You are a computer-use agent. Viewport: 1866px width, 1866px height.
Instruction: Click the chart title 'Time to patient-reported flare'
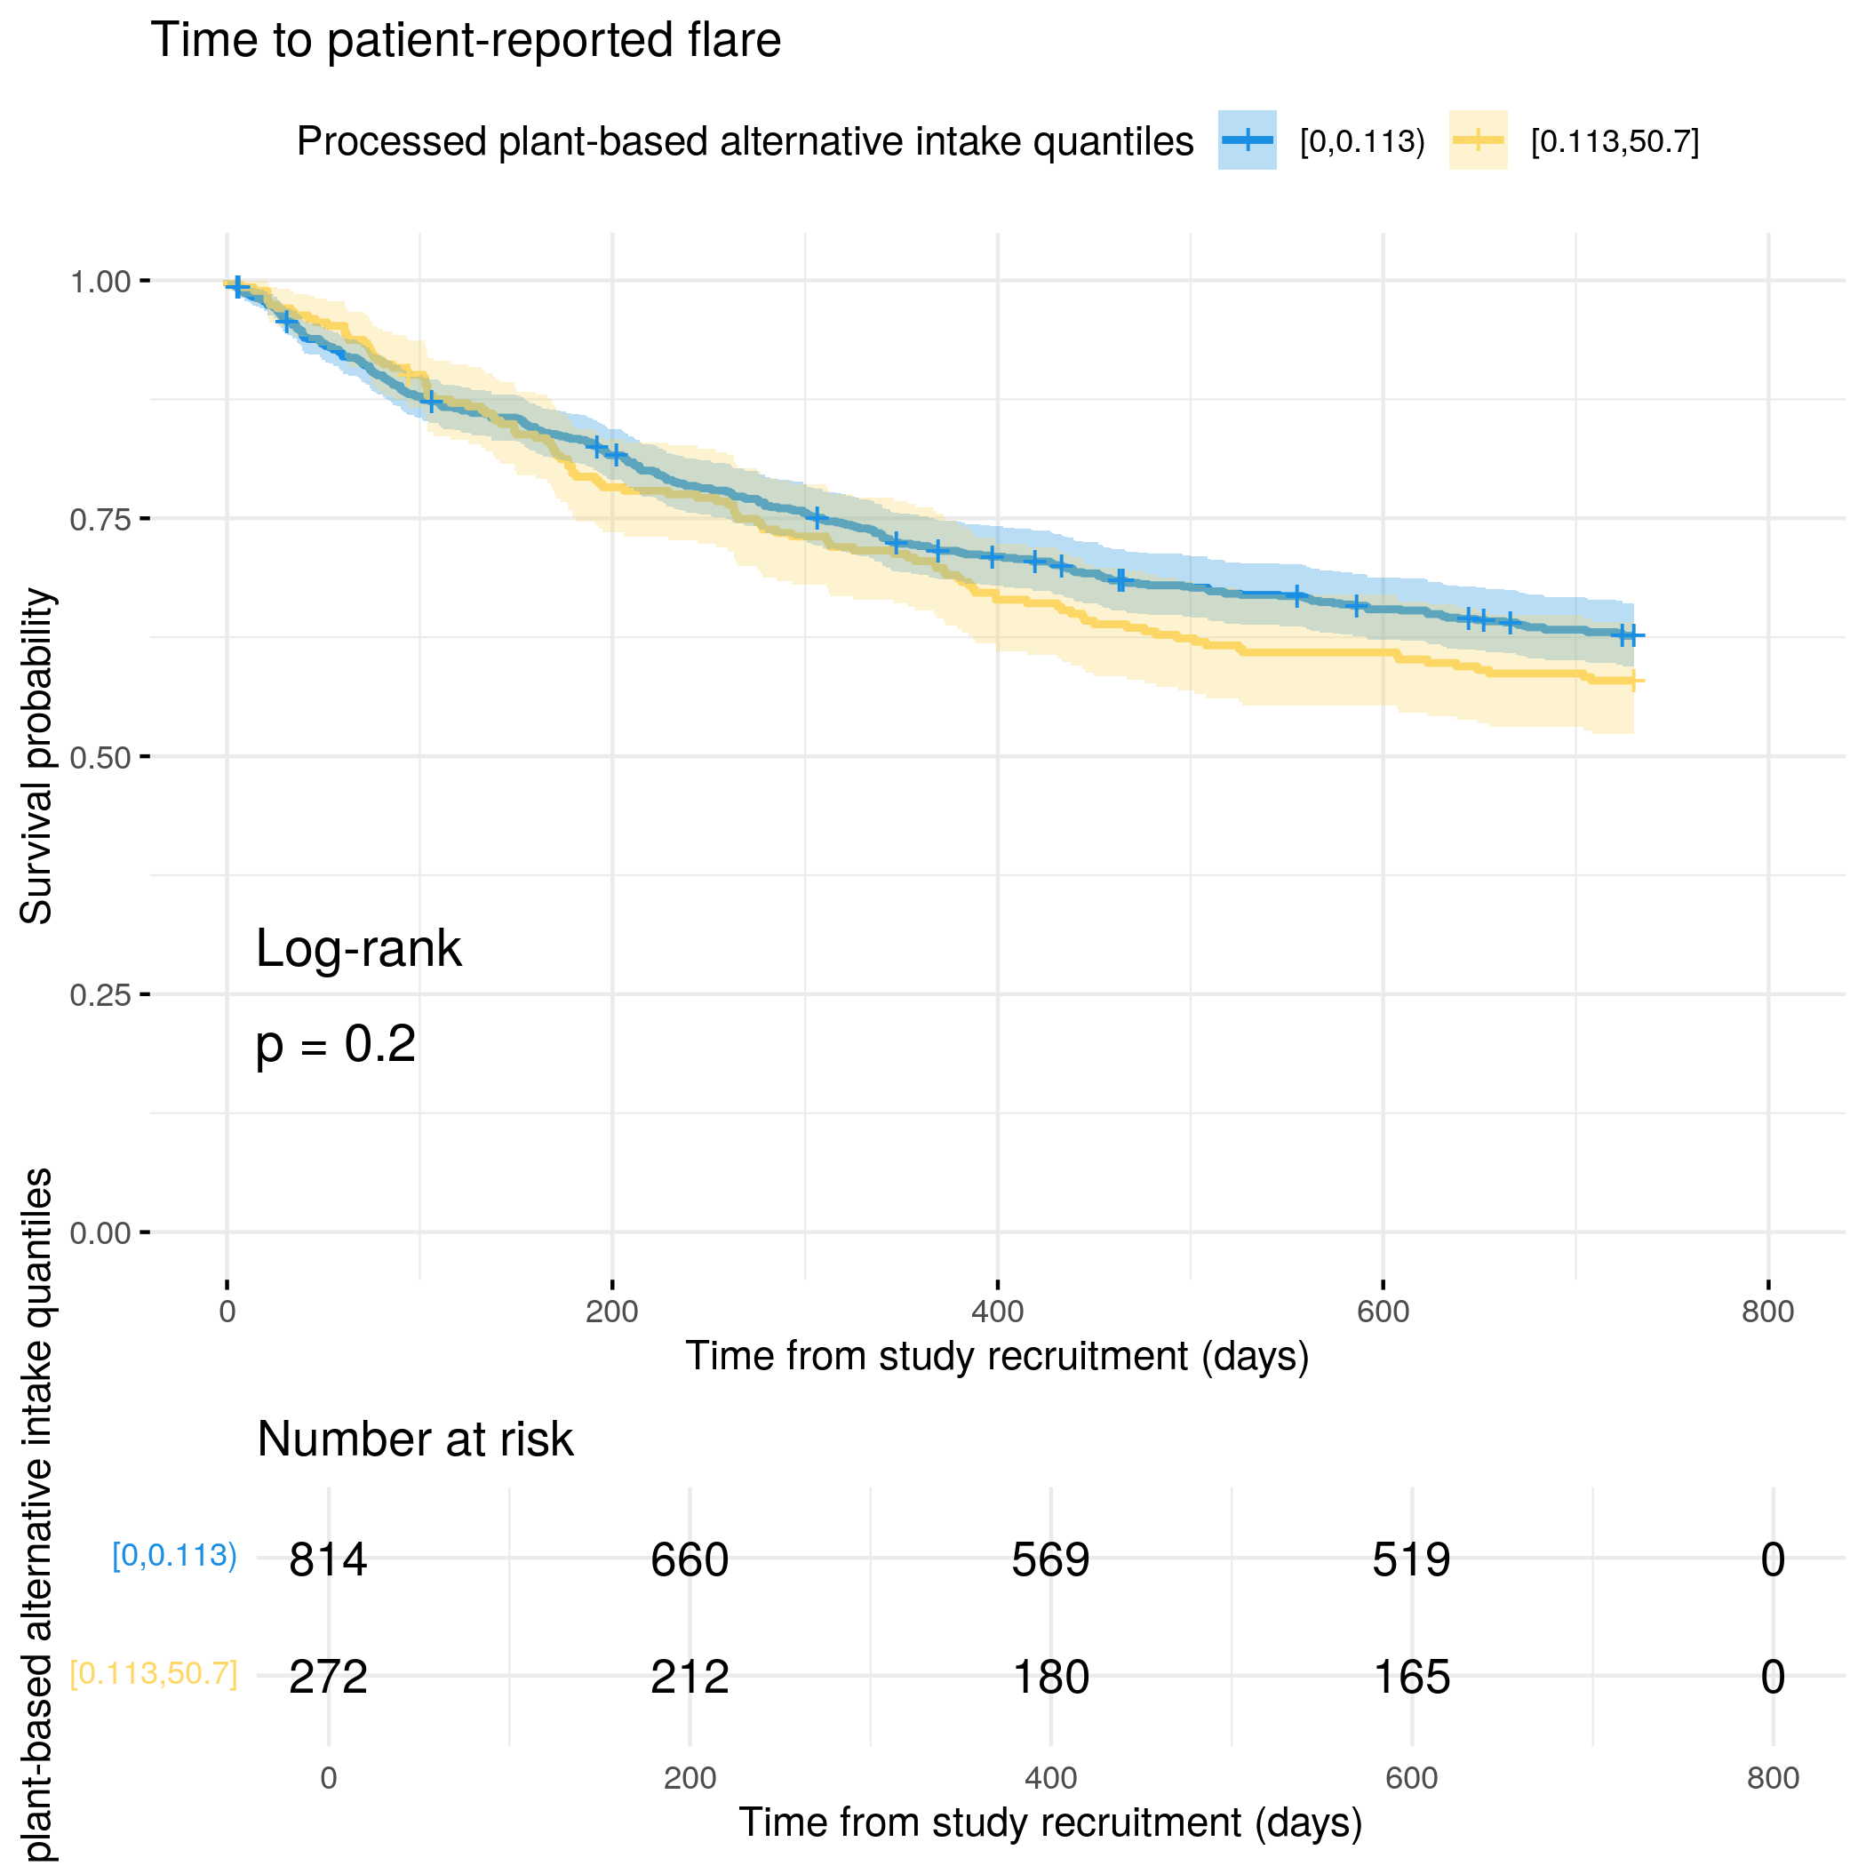[466, 41]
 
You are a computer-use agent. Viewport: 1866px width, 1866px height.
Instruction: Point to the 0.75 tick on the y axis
[145, 519]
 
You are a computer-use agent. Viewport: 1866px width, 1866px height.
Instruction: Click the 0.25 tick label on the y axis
[100, 995]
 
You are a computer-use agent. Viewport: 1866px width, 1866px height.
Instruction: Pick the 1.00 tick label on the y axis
[100, 282]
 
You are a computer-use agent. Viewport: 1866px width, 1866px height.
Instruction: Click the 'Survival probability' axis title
[36, 756]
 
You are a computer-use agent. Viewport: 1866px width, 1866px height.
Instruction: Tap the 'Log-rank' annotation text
[358, 948]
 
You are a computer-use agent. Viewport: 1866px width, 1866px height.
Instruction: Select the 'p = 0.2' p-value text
[335, 1044]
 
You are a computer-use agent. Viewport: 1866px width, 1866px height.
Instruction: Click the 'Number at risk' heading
[415, 1439]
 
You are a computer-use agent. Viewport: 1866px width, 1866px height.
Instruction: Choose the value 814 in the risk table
[329, 1559]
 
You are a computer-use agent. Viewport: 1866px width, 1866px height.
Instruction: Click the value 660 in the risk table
[690, 1559]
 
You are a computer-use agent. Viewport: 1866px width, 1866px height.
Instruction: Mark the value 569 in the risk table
[1051, 1559]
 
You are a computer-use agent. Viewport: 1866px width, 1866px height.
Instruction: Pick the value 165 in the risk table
[1411, 1677]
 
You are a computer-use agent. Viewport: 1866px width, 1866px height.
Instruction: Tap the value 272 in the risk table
[329, 1677]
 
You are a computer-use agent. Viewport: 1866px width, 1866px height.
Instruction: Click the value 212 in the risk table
[690, 1677]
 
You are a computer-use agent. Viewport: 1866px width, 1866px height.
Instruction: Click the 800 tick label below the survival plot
[1767, 1312]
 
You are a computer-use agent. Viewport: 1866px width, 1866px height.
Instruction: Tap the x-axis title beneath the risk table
[1051, 1822]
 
